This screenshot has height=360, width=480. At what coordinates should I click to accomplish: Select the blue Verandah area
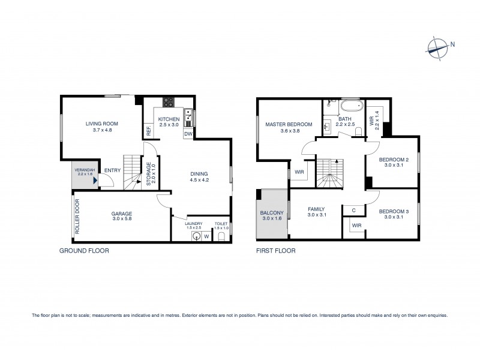pyautogui.click(x=85, y=175)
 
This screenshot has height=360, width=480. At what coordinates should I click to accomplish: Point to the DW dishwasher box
pyautogui.click(x=188, y=133)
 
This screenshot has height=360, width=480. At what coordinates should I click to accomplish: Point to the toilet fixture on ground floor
pyautogui.click(x=221, y=238)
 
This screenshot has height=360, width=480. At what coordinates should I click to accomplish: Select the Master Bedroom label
pyautogui.click(x=289, y=124)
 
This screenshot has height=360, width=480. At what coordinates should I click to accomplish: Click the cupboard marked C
pyautogui.click(x=353, y=210)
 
